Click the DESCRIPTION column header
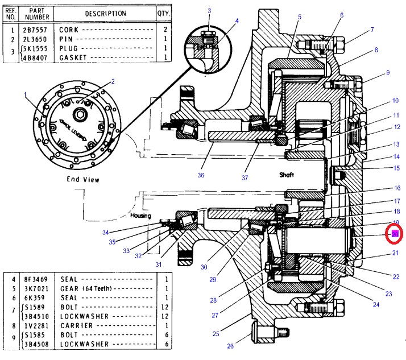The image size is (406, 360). tap(106, 13)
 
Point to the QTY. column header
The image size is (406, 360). tap(164, 13)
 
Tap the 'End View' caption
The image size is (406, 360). tap(84, 180)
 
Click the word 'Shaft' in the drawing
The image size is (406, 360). tap(287, 174)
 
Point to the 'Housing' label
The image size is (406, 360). tap(140, 217)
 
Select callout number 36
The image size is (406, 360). tap(200, 175)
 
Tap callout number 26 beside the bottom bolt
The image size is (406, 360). tap(230, 345)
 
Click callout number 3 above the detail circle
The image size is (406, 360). tap(209, 11)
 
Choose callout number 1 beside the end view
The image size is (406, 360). tap(26, 96)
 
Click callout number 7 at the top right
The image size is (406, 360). tap(372, 30)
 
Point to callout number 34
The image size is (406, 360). tap(105, 232)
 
